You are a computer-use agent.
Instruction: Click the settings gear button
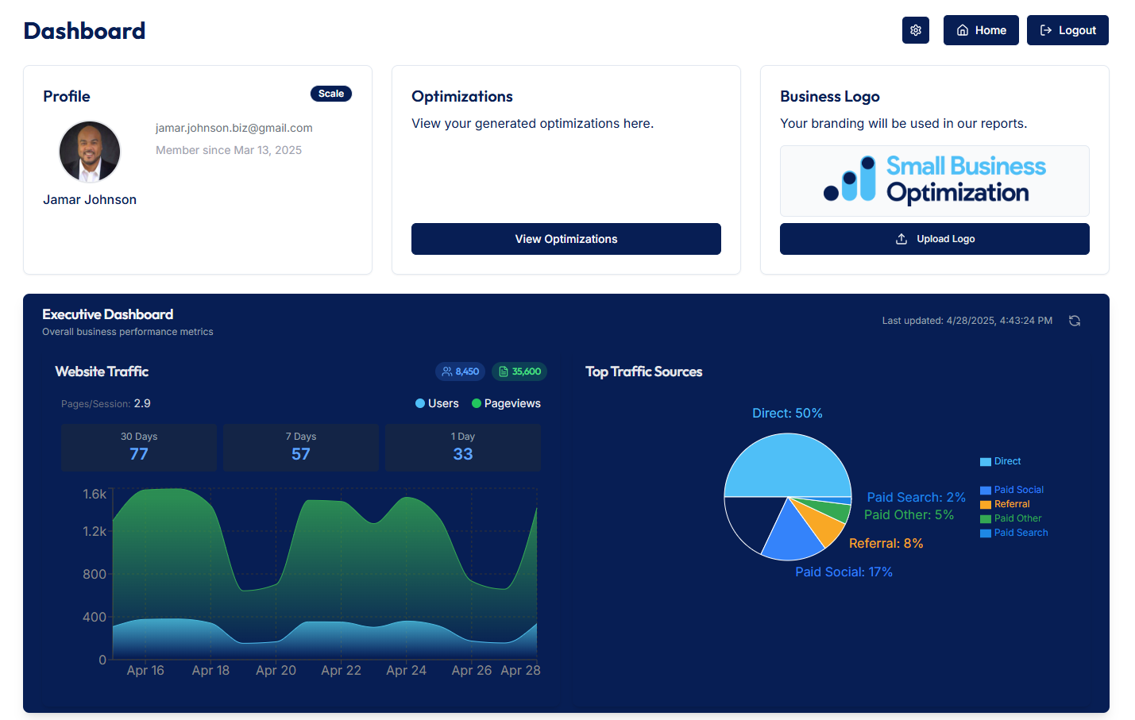pos(915,30)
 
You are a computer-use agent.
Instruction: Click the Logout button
pos(1067,30)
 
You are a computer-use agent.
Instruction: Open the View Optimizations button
pos(566,239)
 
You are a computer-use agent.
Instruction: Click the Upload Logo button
pos(934,239)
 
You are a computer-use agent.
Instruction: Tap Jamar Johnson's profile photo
pos(90,152)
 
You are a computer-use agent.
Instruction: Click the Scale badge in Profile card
pos(330,94)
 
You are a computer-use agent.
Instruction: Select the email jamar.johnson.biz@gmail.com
pos(234,128)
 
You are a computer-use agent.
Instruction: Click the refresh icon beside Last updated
pos(1075,321)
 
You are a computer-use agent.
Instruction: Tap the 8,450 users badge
pos(461,372)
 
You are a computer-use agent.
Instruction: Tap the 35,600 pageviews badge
pos(519,372)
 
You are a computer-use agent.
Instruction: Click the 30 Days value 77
pos(139,454)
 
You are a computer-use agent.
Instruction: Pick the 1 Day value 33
pos(462,454)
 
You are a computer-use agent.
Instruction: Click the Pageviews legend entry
pos(506,403)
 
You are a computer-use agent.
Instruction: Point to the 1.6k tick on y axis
pos(95,494)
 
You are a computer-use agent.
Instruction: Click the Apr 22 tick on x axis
pos(341,670)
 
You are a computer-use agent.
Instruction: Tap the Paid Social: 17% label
pos(844,572)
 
